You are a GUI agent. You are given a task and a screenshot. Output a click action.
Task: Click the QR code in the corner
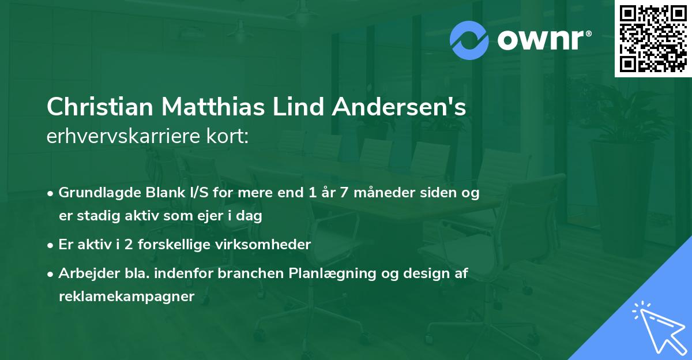pyautogui.click(x=653, y=39)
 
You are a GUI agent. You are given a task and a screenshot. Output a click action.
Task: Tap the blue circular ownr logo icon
pyautogui.click(x=469, y=40)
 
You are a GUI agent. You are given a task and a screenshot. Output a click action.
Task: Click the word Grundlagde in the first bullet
pyautogui.click(x=95, y=193)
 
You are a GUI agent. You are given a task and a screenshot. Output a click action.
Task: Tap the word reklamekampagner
pyautogui.click(x=127, y=297)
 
